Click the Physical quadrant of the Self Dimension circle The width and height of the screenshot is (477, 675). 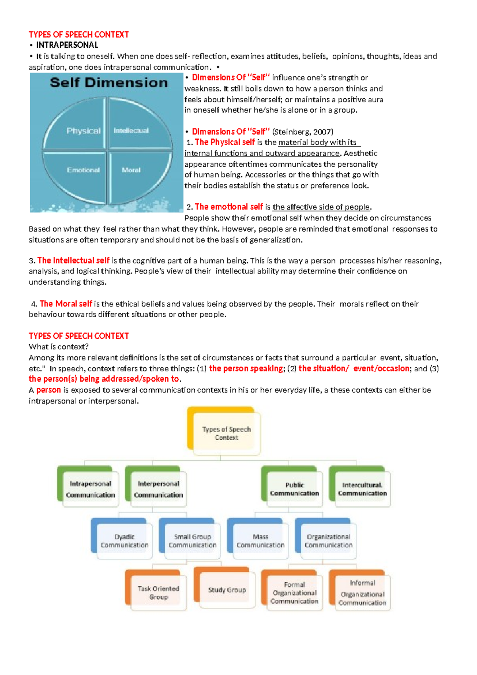(83, 131)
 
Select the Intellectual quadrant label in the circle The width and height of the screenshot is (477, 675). (131, 131)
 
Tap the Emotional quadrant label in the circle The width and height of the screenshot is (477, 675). (83, 170)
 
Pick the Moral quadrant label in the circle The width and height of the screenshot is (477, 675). (131, 170)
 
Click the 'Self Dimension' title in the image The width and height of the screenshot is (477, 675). (109, 83)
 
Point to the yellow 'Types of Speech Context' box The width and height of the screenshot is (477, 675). (227, 433)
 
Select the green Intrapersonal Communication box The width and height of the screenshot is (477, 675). (90, 489)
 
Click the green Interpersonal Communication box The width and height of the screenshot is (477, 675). (158, 489)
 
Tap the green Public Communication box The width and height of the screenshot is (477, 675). (294, 489)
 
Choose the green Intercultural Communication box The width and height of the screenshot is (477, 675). (362, 489)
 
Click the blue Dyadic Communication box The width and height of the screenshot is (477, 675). (124, 541)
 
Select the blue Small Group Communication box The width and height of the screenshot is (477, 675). (192, 541)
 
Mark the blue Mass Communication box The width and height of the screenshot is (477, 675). (260, 541)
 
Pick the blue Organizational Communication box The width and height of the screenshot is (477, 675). (328, 541)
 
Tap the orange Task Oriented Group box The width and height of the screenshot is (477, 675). (158, 593)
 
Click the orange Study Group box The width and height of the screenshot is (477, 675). (227, 590)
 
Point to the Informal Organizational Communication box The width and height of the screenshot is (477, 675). (362, 593)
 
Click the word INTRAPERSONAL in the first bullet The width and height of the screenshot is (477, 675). (67, 45)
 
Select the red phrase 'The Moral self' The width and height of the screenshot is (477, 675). (66, 304)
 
